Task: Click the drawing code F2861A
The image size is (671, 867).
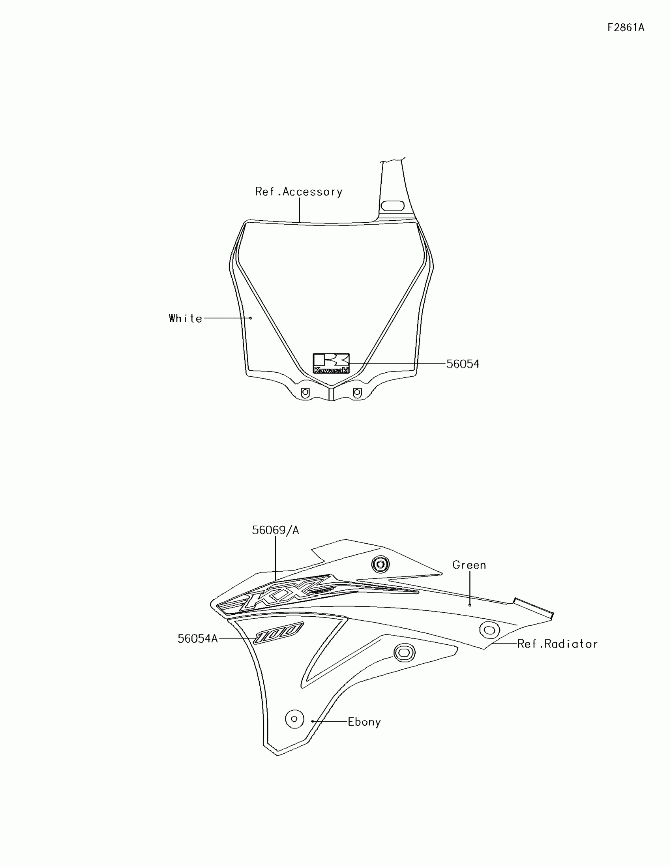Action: (626, 27)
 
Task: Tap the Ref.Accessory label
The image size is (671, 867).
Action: (299, 192)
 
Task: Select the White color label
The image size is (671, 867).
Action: (185, 318)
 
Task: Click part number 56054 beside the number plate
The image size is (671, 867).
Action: (463, 364)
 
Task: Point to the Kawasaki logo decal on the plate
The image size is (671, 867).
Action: (331, 363)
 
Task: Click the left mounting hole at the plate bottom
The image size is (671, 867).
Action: (305, 392)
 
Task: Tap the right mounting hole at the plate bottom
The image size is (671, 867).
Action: (357, 392)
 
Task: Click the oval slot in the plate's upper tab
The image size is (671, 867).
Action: (392, 206)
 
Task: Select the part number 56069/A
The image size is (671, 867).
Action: (276, 530)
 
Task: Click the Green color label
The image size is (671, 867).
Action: (469, 565)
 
